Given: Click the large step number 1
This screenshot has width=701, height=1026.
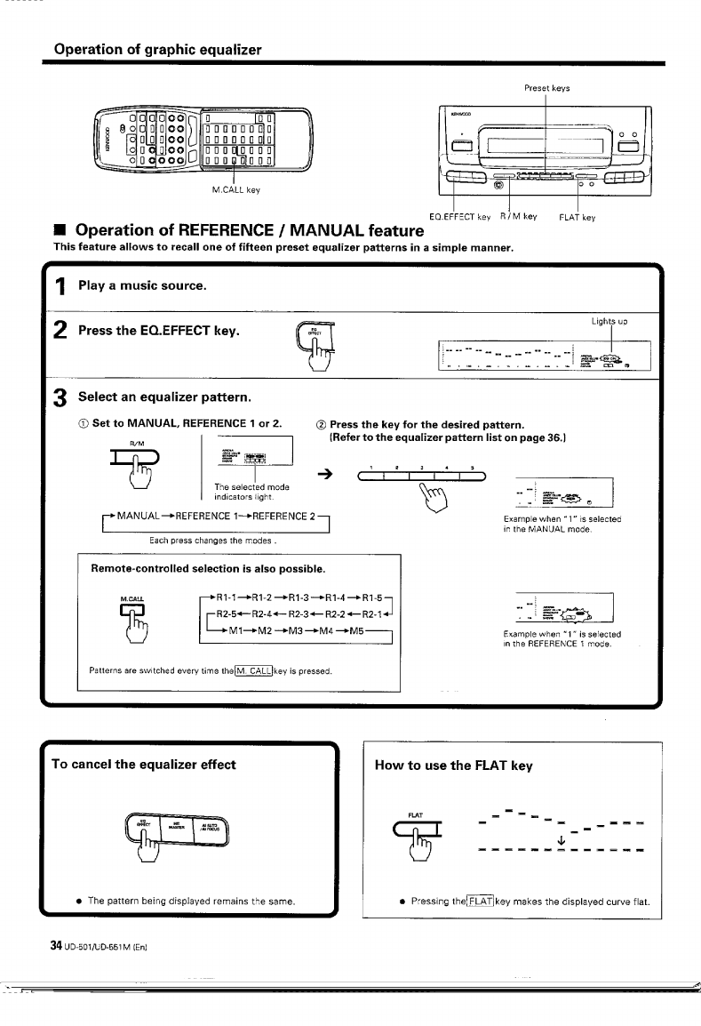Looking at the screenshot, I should [61, 286].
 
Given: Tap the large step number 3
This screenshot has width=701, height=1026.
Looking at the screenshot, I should [61, 396].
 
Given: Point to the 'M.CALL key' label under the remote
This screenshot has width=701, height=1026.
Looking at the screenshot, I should [235, 189].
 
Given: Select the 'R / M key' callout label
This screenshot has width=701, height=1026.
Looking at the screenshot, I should [518, 216].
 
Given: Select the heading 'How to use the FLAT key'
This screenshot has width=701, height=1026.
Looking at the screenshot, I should [453, 765].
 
